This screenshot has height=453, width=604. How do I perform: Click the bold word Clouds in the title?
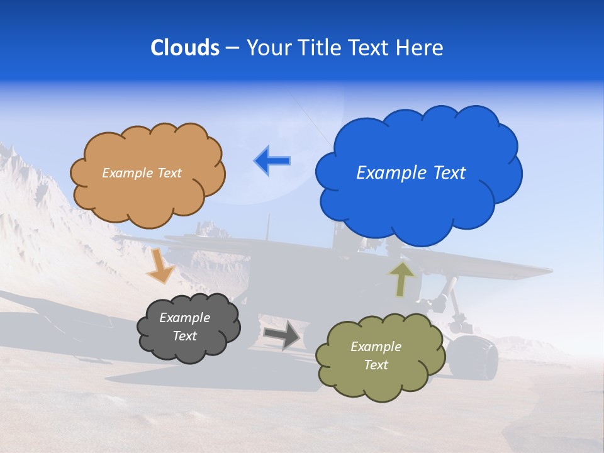pos(185,48)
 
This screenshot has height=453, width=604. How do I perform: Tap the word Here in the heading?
pos(422,48)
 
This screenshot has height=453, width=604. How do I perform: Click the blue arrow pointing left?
pos(272,161)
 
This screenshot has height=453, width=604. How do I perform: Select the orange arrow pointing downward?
pos(160,266)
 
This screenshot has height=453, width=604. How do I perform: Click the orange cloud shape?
pos(147,195)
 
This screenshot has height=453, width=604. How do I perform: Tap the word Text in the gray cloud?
pos(184,336)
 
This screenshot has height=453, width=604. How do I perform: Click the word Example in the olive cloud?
pos(376,347)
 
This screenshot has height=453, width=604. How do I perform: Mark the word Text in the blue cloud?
pos(449,173)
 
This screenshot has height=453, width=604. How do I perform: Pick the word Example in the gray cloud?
pos(184,318)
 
